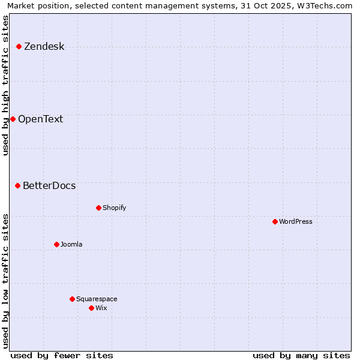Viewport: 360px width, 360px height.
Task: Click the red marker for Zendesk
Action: point(19,46)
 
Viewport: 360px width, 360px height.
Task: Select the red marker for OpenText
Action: point(13,119)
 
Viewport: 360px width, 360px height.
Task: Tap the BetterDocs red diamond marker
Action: point(17,186)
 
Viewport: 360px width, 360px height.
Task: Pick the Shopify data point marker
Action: point(98,208)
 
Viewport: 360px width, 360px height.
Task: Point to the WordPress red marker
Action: point(275,221)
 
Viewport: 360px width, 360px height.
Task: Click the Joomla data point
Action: point(56,244)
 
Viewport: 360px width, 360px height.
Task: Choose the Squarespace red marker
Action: point(72,299)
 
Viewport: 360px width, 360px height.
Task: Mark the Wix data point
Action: point(91,308)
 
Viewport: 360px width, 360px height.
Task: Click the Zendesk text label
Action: point(44,47)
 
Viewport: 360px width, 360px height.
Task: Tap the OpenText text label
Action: point(40,119)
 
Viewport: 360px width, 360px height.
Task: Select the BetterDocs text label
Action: point(49,186)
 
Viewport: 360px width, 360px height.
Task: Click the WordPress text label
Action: point(296,221)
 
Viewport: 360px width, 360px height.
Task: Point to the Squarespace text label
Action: point(97,299)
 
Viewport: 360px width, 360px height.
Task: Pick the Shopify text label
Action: point(114,208)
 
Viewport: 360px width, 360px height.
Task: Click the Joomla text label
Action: point(71,244)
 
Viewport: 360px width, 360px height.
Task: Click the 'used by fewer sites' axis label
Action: point(62,355)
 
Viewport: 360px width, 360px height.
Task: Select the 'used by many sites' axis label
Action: point(301,355)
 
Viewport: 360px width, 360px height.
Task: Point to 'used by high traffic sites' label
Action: point(6,85)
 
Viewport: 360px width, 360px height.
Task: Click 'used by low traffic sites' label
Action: point(6,281)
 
